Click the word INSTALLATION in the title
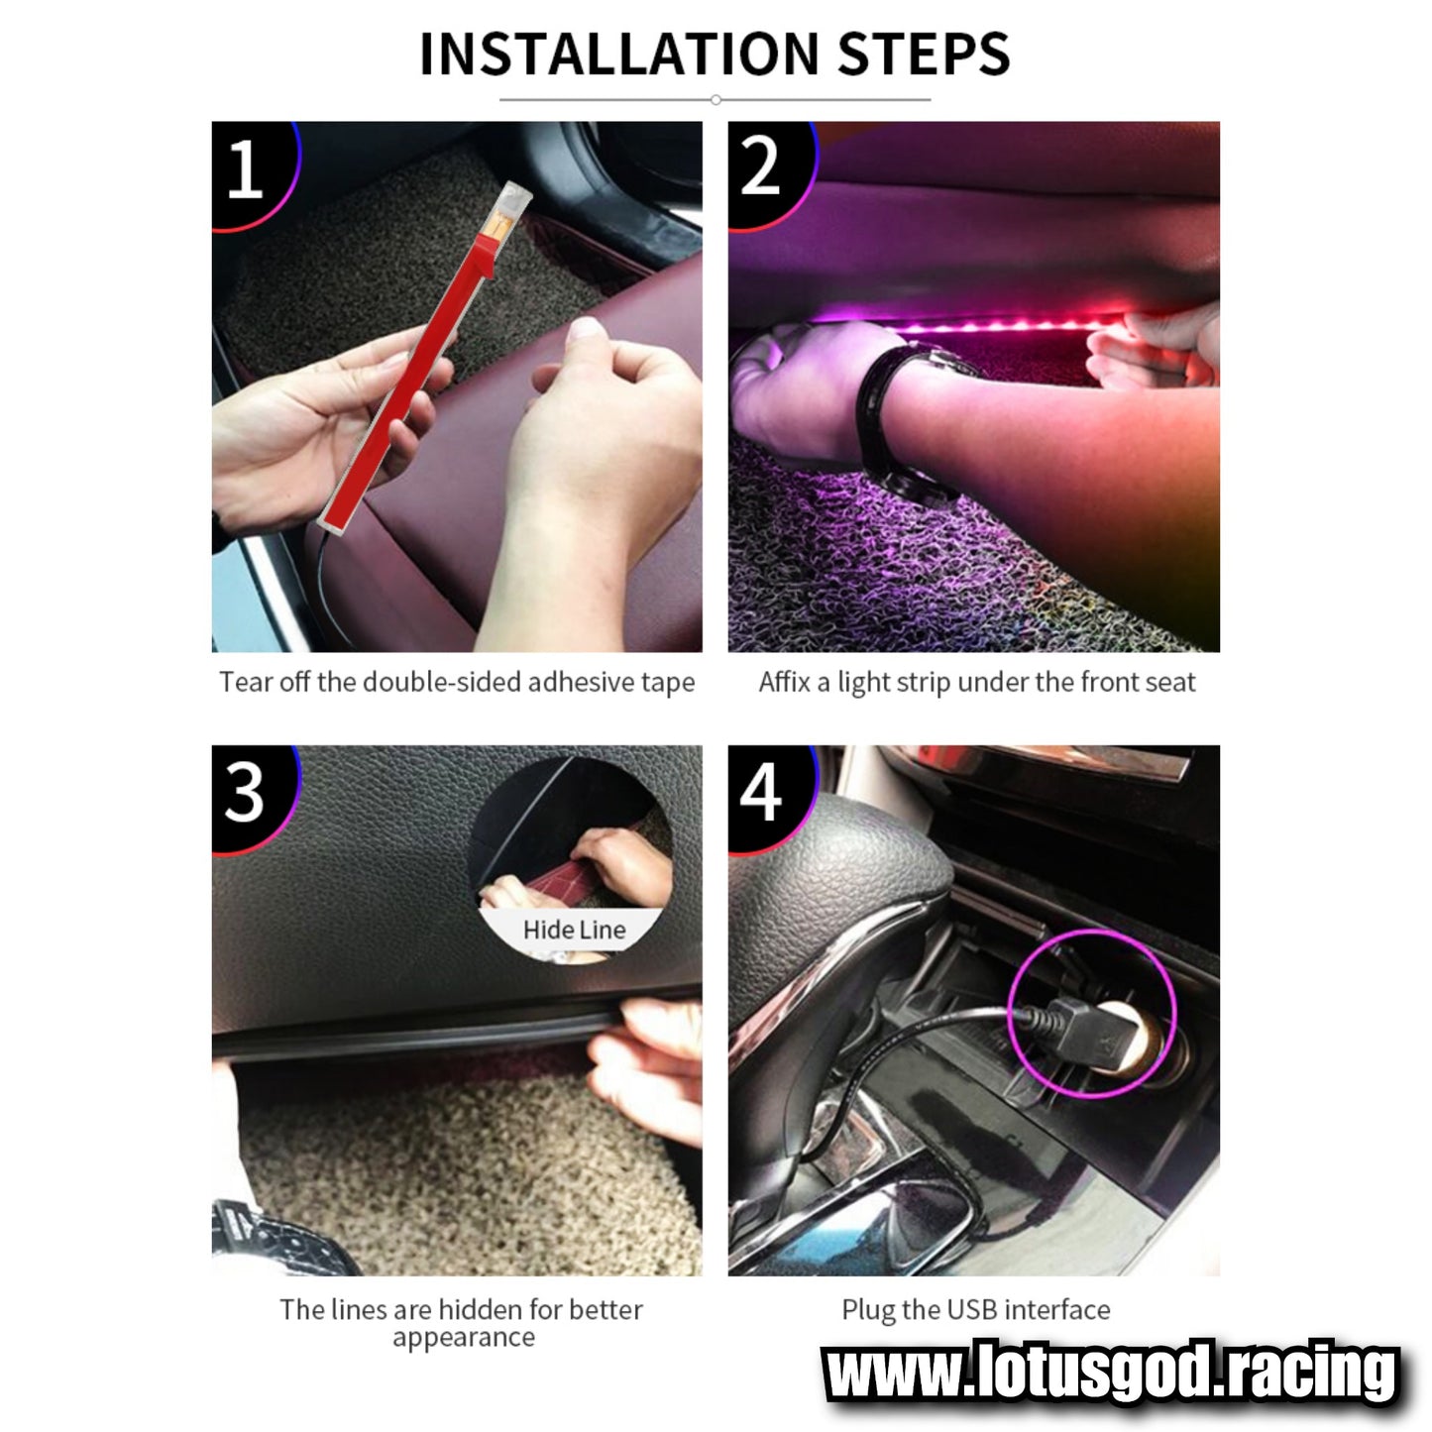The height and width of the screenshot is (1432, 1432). click(619, 54)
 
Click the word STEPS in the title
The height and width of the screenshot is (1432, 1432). click(925, 54)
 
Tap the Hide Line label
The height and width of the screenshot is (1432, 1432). click(574, 930)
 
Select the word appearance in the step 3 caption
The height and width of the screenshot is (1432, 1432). click(464, 1358)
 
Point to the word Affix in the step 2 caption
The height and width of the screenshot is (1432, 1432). click(784, 682)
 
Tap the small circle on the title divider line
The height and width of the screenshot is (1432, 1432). click(715, 99)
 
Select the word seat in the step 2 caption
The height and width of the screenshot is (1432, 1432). click(1170, 683)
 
